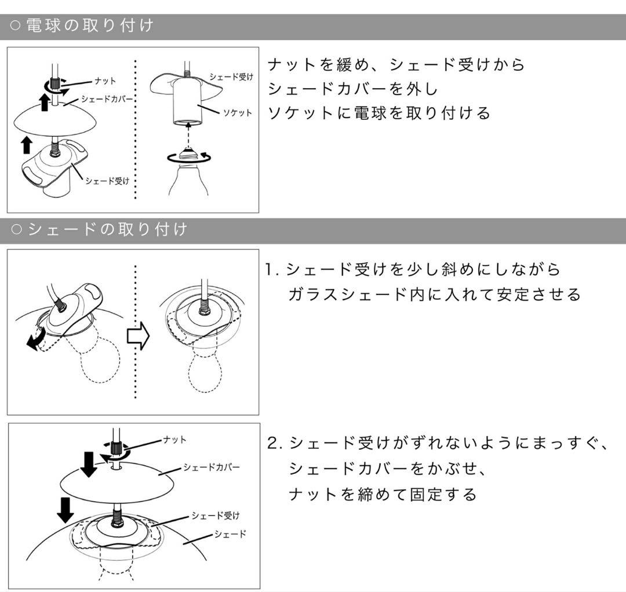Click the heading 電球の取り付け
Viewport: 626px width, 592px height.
[x=90, y=26]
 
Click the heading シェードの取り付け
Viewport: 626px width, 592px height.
[x=107, y=229]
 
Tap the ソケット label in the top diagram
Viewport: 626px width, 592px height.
[x=238, y=112]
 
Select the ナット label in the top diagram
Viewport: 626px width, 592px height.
[x=105, y=81]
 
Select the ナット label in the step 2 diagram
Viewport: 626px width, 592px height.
[x=175, y=440]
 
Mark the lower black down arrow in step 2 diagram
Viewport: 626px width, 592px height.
[x=66, y=509]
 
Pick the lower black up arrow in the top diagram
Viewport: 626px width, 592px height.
[x=26, y=145]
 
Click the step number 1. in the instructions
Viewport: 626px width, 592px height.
[x=272, y=269]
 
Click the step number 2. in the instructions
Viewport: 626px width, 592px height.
[x=274, y=443]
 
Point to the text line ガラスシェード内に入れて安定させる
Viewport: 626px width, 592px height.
[x=435, y=295]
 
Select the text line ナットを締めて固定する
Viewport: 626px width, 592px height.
[x=383, y=494]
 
